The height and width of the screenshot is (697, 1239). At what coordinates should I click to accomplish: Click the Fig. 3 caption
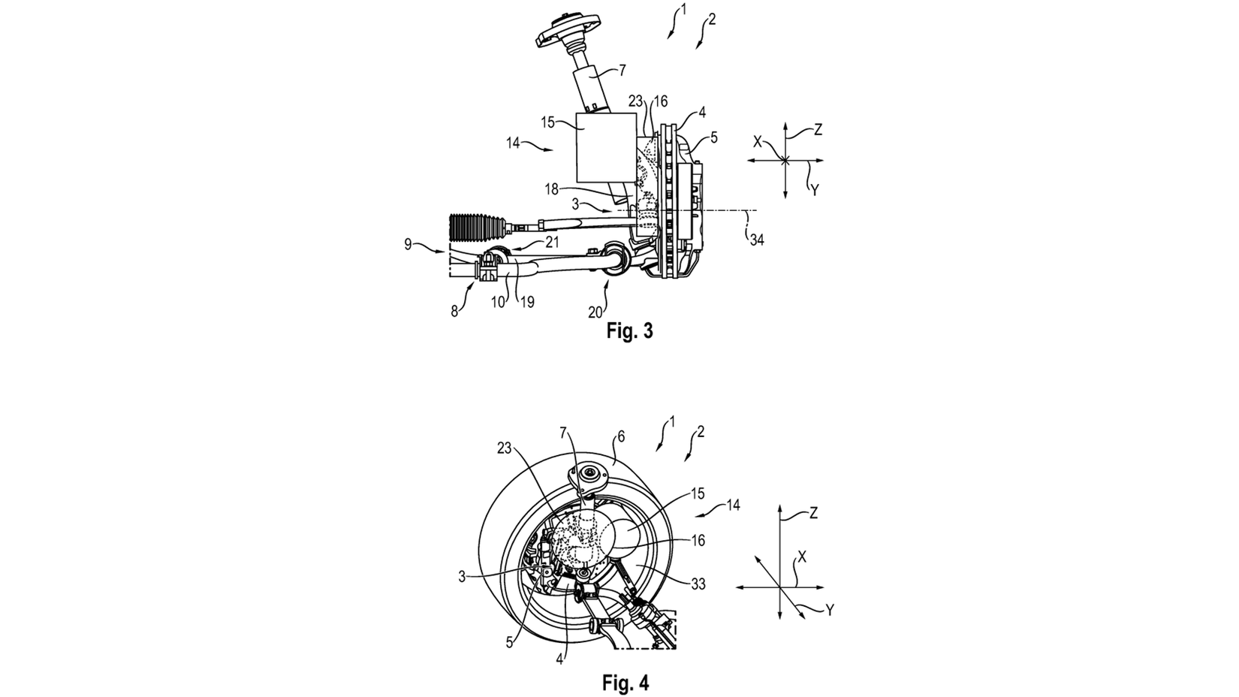(629, 331)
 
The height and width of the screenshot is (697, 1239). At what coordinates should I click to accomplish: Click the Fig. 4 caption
(625, 682)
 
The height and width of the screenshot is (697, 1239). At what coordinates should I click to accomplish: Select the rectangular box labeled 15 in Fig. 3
(605, 147)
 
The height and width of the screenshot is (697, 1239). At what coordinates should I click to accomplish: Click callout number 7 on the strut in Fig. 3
(622, 71)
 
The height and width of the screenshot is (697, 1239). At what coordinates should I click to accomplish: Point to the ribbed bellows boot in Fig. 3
(475, 228)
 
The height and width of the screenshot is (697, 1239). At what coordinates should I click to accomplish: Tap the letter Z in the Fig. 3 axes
(818, 130)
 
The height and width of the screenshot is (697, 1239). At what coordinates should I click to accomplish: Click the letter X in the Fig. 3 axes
(758, 140)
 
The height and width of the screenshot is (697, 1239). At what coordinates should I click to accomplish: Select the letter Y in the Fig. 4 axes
(830, 611)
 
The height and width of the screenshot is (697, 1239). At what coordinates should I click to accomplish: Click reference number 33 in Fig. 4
(698, 584)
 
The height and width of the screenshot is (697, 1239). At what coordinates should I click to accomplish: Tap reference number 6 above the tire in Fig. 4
(620, 436)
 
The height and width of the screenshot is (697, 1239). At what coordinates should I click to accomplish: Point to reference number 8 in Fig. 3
(454, 309)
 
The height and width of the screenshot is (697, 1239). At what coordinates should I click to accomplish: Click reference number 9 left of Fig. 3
(408, 244)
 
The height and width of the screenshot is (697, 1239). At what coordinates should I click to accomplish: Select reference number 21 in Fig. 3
(552, 242)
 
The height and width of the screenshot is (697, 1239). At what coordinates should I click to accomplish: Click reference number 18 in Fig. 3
(552, 190)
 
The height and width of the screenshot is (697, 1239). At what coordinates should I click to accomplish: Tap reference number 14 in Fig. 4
(734, 505)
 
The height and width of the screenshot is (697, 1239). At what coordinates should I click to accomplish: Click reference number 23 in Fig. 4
(505, 447)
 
